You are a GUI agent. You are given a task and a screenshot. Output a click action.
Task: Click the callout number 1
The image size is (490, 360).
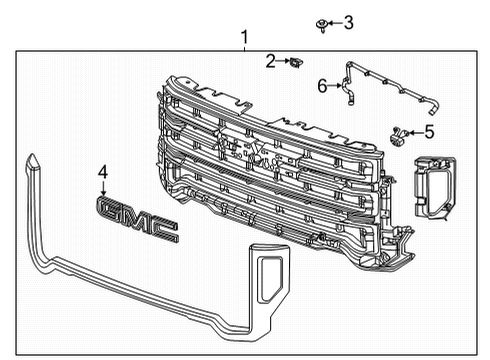[243, 37]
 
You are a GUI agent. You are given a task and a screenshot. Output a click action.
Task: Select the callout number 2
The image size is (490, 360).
[271, 63]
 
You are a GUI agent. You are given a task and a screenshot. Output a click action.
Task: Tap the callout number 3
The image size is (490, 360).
[348, 22]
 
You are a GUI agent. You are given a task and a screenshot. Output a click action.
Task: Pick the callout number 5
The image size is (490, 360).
[428, 131]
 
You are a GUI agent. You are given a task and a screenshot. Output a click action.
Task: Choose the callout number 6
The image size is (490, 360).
[322, 87]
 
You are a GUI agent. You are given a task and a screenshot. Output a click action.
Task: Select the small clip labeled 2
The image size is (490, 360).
[294, 65]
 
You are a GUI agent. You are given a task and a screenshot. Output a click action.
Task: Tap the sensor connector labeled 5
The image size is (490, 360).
[400, 133]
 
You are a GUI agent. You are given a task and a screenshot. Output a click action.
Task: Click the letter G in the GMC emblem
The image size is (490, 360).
[111, 207]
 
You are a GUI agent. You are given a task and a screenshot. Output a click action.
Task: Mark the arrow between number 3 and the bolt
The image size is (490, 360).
[336, 22]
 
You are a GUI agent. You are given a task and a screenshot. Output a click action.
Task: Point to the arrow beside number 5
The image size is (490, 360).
[415, 131]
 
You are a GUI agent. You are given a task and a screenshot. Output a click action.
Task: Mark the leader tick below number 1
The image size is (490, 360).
[243, 50]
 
